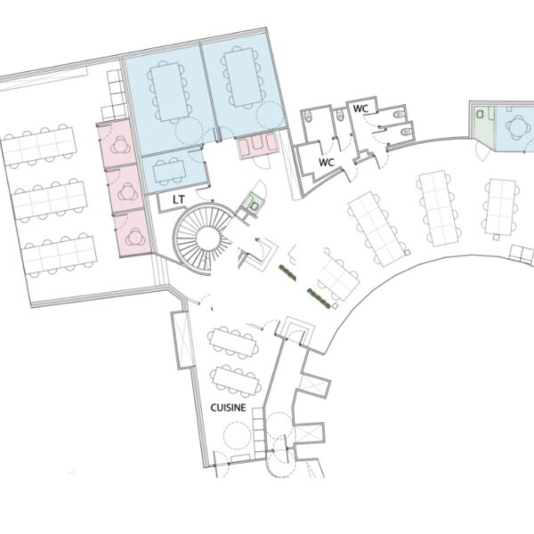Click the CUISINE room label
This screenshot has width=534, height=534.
click(228, 408)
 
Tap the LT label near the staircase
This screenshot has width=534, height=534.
click(179, 199)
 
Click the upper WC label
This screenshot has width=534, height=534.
click(360, 109)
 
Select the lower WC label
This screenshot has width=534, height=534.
click(326, 163)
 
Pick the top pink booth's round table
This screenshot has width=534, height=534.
click(119, 145)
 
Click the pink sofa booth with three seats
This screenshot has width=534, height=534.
click(258, 148)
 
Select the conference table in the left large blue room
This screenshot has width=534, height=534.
click(169, 92)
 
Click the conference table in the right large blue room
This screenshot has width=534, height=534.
click(243, 77)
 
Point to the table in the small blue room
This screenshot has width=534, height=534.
click(169, 171)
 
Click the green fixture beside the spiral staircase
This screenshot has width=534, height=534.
click(254, 204)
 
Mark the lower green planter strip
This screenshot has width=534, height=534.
click(319, 299)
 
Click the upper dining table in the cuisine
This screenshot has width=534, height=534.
click(233, 343)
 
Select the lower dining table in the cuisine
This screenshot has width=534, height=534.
click(237, 381)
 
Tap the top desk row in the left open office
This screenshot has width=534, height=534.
click(38, 147)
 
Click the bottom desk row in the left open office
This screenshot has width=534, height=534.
click(60, 255)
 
